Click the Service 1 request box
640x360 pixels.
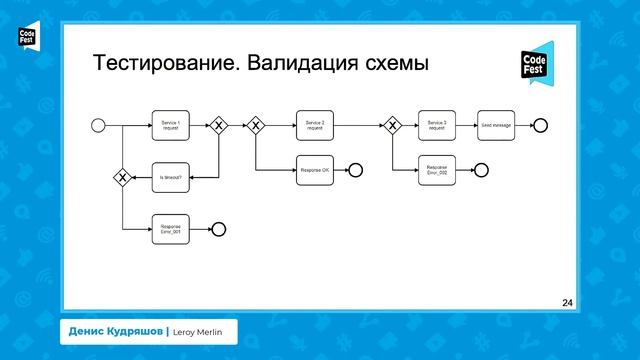click(x=170, y=125)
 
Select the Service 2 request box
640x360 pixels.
click(x=315, y=125)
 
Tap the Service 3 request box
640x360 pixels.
click(x=437, y=125)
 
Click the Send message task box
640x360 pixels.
click(x=496, y=125)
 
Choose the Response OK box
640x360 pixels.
click(x=315, y=170)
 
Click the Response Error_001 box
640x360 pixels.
click(x=170, y=229)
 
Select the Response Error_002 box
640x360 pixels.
click(x=437, y=170)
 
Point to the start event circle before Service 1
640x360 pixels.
click(x=98, y=125)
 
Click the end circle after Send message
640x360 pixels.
click(x=541, y=125)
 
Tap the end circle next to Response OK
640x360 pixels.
click(x=355, y=170)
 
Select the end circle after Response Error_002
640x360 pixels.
click(x=481, y=170)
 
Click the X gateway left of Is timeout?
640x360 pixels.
click(x=122, y=178)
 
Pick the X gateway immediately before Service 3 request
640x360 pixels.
click(x=392, y=125)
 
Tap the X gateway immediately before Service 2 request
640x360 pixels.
click(x=255, y=125)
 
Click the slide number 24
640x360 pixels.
click(x=568, y=301)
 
